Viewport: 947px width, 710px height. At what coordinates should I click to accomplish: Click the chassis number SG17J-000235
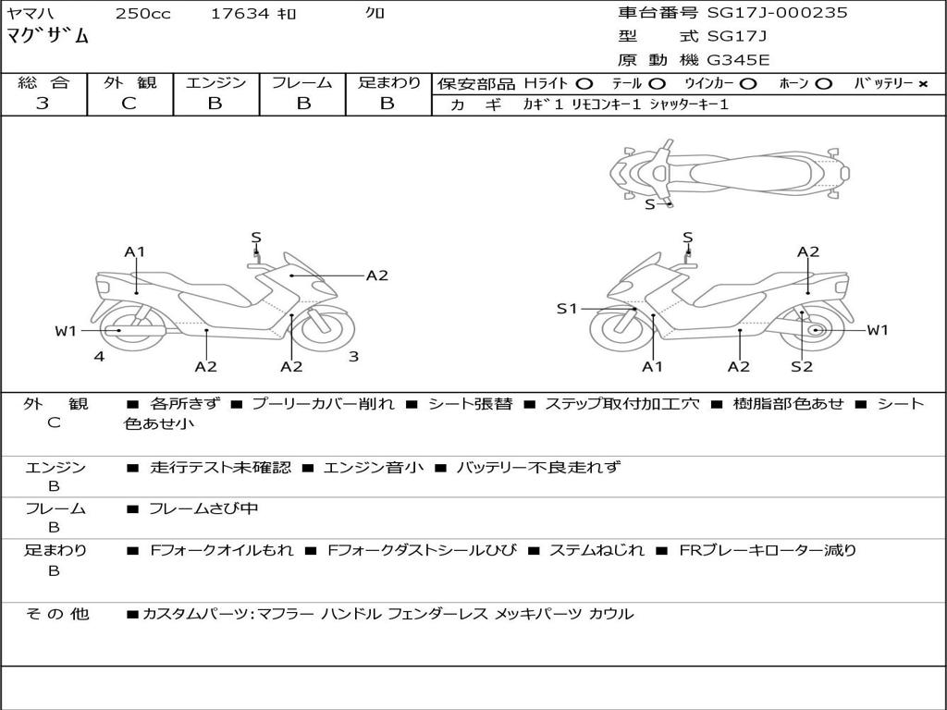tap(777, 13)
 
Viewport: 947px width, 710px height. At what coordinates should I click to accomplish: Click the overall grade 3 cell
tap(43, 104)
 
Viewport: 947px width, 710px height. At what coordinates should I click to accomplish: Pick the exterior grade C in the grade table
tap(129, 104)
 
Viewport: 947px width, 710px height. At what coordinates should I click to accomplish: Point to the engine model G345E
tap(737, 61)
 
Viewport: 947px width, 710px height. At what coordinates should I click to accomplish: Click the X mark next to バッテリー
tap(922, 84)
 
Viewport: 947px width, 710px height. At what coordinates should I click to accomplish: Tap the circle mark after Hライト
tap(584, 84)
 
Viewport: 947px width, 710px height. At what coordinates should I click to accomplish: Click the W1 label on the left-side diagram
tap(65, 331)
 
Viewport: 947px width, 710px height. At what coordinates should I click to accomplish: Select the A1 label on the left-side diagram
tap(135, 251)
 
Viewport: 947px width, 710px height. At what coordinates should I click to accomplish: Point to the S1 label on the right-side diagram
tap(567, 309)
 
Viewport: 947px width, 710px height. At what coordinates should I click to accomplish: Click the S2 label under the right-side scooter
tap(801, 367)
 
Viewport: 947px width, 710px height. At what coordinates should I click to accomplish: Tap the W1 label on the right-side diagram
tap(877, 330)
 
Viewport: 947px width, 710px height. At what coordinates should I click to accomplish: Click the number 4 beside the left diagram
tap(98, 356)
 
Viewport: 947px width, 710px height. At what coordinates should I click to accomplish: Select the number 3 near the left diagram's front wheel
tap(352, 356)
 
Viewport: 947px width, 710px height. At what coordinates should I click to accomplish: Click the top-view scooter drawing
tap(731, 171)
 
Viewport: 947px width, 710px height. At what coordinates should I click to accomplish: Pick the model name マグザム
tap(48, 37)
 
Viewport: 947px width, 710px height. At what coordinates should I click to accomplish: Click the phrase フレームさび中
tap(203, 509)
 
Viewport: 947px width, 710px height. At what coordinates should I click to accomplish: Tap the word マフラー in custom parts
tap(284, 614)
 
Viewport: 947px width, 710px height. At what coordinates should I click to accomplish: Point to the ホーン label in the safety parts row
tap(793, 84)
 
